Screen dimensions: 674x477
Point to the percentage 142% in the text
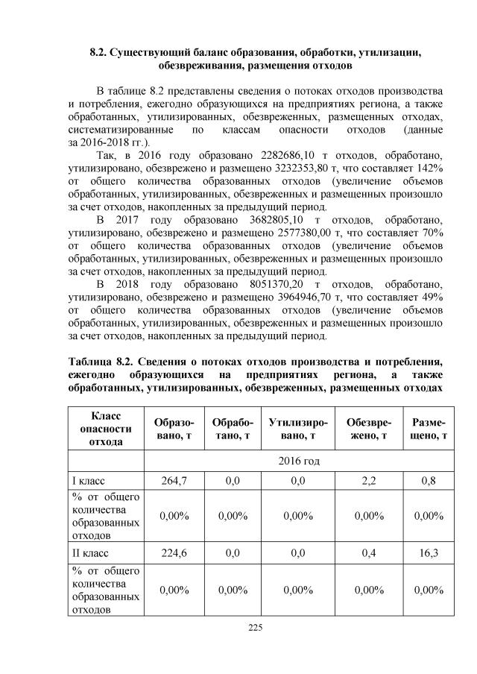click(430, 169)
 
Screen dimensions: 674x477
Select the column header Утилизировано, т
click(297, 429)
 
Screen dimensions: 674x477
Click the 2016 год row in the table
click(297, 461)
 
